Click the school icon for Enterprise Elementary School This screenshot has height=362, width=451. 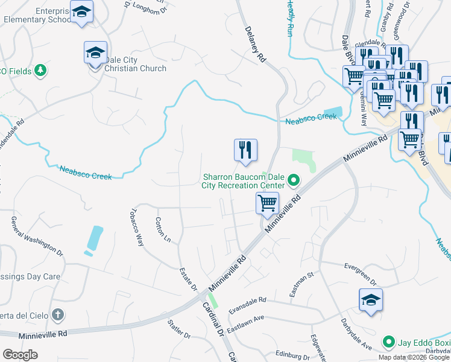pos(81,11)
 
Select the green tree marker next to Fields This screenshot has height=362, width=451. pos(40,71)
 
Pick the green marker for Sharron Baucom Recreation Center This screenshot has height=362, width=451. pos(294,180)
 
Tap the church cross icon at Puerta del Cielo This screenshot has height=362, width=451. pos(57,314)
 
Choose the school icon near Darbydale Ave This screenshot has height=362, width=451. pos(371,300)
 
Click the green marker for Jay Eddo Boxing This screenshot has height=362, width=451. pos(389,343)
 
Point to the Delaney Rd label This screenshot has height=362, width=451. pos(255,44)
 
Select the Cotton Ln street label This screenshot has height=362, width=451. pos(163,230)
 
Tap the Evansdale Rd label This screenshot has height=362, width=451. pos(247,304)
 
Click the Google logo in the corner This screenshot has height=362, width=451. pos(20,355)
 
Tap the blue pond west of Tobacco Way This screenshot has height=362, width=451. pos(94,238)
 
